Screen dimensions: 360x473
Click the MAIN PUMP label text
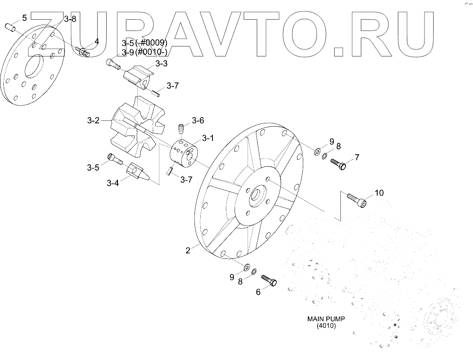(x=326, y=319)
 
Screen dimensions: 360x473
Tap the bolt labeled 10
(x=357, y=199)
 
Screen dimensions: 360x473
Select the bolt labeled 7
(x=338, y=163)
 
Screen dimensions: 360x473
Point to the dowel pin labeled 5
(x=11, y=28)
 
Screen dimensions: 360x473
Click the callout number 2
(x=188, y=250)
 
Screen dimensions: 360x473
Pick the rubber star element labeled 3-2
(x=135, y=125)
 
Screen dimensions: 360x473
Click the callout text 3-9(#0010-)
(x=145, y=52)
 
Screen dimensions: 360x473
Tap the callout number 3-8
(x=70, y=19)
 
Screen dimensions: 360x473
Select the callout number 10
(x=378, y=193)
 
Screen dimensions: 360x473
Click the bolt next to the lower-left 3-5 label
(x=115, y=158)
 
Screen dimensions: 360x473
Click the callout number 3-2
(x=93, y=121)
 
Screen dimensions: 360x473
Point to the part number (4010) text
(x=326, y=326)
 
